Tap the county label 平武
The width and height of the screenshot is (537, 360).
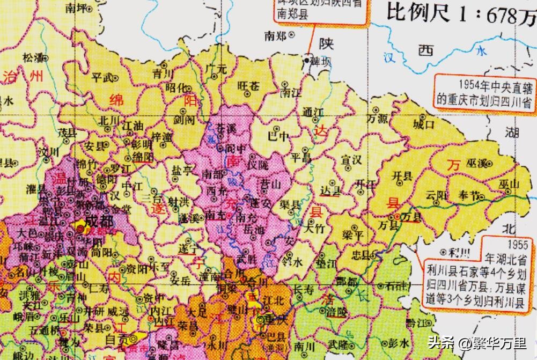[102, 77]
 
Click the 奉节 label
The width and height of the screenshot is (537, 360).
[465, 195]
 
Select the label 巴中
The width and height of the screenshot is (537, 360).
[278, 135]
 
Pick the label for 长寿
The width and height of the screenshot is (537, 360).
[303, 289]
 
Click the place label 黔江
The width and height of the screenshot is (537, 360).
[415, 322]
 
